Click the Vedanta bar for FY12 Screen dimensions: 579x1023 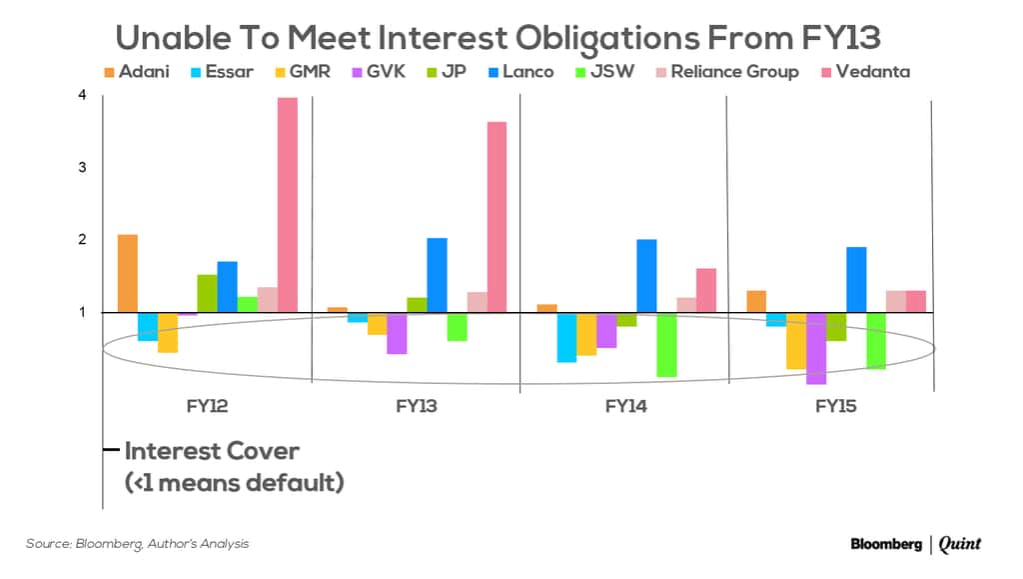288,205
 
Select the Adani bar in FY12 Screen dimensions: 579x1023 128,273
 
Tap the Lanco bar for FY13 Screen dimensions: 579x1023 437,275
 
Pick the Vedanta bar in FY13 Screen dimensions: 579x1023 497,217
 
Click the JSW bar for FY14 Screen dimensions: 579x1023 666,345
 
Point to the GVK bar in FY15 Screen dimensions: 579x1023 816,348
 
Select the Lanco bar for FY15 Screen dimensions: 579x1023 856,280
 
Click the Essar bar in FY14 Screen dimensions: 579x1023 566,337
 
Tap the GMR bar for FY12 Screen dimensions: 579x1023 168,333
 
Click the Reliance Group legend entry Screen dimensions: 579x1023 734,72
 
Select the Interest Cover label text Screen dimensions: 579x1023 212,451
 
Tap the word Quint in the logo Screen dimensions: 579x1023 960,544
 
